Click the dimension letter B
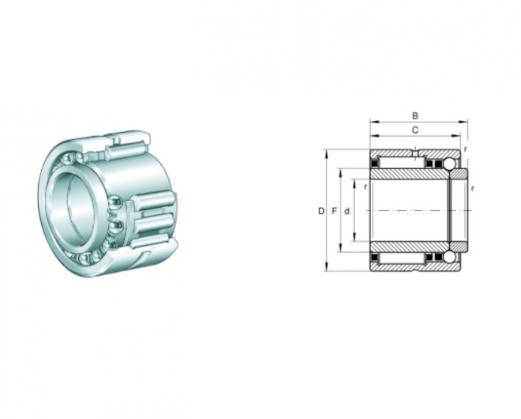415,115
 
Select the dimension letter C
415,130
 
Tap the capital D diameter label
321,211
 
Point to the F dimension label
335,211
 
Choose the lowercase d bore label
347,211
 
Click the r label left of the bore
365,187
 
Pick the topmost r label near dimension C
465,149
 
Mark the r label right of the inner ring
472,188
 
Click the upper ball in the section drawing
450,164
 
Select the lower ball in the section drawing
450,257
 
